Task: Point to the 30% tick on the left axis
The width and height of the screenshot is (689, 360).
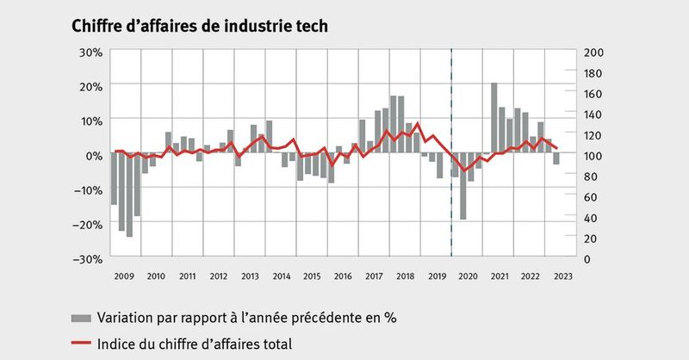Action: (x=90, y=52)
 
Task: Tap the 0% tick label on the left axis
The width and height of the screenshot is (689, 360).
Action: (x=94, y=155)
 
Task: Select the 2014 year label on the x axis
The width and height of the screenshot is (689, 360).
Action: (x=282, y=276)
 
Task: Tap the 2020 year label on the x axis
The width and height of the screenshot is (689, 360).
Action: (x=469, y=276)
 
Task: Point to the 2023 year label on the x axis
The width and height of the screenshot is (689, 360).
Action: (x=563, y=276)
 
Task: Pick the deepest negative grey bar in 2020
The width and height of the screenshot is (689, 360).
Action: (x=463, y=187)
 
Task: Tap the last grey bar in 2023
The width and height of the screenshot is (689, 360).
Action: (x=556, y=159)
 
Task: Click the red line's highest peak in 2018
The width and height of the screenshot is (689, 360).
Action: (x=418, y=123)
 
